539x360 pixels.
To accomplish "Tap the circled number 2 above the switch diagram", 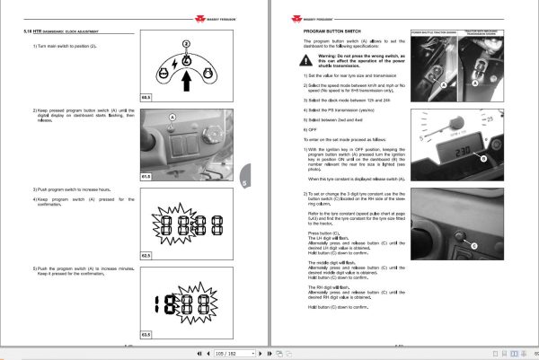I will pyautogui.click(x=186, y=43).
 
